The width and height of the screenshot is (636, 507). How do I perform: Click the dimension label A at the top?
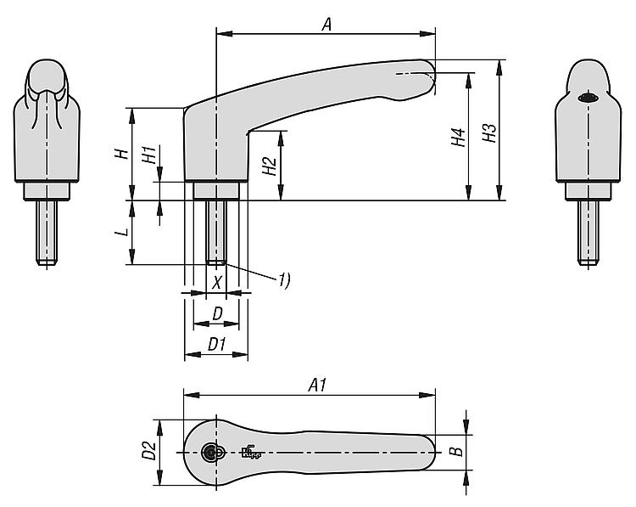pyautogui.click(x=327, y=24)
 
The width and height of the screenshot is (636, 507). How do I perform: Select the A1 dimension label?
pyautogui.click(x=317, y=385)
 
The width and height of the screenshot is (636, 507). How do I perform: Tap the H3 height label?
pyautogui.click(x=489, y=132)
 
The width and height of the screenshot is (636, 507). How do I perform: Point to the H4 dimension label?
pyautogui.click(x=458, y=138)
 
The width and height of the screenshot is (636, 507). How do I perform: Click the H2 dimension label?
pyautogui.click(x=269, y=166)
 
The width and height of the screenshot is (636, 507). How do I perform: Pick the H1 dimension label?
pyautogui.click(x=149, y=155)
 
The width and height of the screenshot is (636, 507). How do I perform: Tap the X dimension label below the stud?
pyautogui.click(x=217, y=282)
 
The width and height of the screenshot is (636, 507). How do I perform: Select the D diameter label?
pyautogui.click(x=218, y=313)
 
